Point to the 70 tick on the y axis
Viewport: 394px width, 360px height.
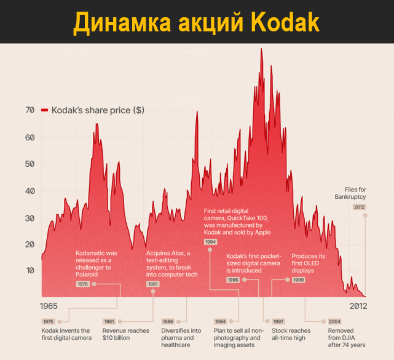point(30,110)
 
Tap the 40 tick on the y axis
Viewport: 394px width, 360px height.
point(30,191)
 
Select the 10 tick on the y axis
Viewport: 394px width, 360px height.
point(30,271)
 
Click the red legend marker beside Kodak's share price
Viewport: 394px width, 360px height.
point(44,110)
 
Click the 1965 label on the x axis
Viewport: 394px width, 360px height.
point(50,306)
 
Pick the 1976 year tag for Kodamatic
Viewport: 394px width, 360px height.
point(82,284)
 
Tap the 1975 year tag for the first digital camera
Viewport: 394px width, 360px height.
point(48,321)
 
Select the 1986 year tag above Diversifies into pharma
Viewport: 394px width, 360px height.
point(168,321)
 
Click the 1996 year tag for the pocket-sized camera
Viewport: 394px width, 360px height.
point(233,279)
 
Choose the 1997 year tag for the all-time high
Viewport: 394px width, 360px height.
point(278,321)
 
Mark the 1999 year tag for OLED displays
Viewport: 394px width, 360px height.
point(298,279)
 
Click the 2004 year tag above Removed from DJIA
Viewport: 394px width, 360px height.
point(334,321)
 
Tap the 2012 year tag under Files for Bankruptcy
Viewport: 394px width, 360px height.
point(359,207)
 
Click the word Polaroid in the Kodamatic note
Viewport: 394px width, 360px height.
point(90,274)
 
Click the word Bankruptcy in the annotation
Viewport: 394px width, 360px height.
point(350,197)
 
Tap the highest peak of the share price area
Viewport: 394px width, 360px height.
point(261,49)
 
